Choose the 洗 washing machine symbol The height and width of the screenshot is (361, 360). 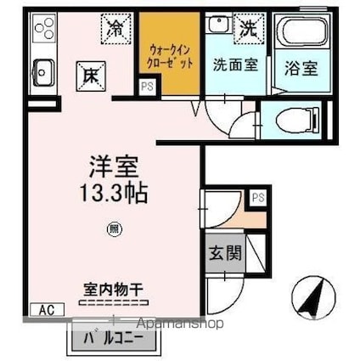(247, 28)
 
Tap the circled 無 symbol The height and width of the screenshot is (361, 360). (113, 228)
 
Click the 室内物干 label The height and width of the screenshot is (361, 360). (113, 289)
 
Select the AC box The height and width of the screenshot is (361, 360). (48, 310)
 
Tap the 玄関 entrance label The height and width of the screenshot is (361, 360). (223, 252)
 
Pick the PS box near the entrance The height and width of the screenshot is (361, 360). (257, 198)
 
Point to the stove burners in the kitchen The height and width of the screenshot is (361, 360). (43, 33)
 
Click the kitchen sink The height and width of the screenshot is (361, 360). (41, 71)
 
